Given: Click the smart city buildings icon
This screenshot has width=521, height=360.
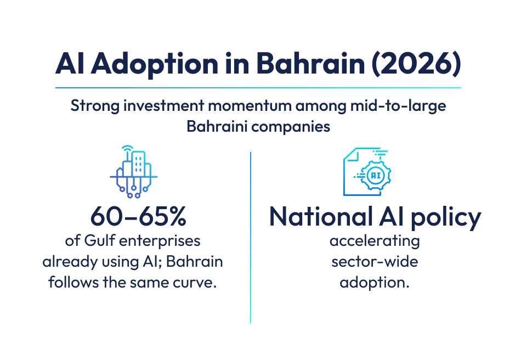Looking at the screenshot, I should (134, 171).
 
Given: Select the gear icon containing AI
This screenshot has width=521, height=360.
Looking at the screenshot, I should (376, 175).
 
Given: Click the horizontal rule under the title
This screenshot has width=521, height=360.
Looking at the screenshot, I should (258, 87).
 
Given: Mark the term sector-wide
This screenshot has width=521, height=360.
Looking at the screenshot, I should (375, 261).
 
